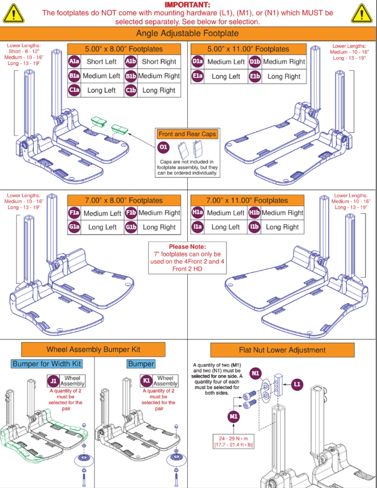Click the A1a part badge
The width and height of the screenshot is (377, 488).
pos(74,62)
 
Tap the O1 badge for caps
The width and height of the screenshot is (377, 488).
pos(163,148)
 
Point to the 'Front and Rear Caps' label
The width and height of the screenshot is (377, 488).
pos(187,134)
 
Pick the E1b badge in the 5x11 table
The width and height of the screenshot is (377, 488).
pos(255,76)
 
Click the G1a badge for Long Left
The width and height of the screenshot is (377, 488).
pos(74,227)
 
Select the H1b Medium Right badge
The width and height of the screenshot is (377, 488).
pos(254,213)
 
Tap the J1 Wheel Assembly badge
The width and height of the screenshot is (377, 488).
pos(53,381)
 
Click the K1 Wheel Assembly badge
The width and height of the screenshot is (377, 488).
pos(147,381)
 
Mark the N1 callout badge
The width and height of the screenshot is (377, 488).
pos(255,374)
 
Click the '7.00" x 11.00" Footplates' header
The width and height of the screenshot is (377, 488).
pos(247,200)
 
